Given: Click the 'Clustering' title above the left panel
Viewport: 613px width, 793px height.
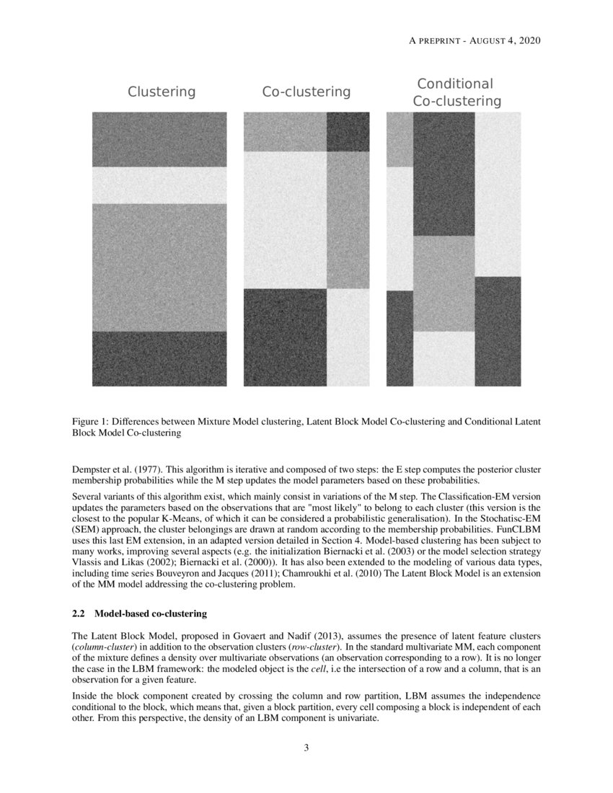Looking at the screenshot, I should pos(162,92).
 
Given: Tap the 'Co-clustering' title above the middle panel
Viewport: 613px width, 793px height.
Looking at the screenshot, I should pos(306,92).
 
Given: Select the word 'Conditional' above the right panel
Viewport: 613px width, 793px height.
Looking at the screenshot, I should pos(455,84).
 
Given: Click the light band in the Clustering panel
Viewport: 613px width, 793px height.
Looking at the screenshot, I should pos(159,185).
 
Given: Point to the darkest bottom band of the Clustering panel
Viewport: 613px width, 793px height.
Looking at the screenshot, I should pos(159,358).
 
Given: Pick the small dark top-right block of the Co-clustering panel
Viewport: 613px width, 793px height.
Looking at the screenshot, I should pos(348,131).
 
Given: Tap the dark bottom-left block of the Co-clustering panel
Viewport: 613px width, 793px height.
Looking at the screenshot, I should pos(285,337).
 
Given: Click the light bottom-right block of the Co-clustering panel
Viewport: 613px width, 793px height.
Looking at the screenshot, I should pos(348,337).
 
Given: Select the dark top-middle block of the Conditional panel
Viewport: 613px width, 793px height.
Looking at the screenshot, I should pos(444,174).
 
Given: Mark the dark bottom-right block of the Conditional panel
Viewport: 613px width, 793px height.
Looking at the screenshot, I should pos(498,331).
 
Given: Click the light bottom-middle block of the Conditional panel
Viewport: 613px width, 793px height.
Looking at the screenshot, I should pos(444,358).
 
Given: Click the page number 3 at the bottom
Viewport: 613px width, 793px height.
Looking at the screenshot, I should pos(306,747).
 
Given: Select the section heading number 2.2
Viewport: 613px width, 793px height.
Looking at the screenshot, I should pos(79,614).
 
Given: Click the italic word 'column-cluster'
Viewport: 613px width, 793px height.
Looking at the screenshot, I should pos(102,648).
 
